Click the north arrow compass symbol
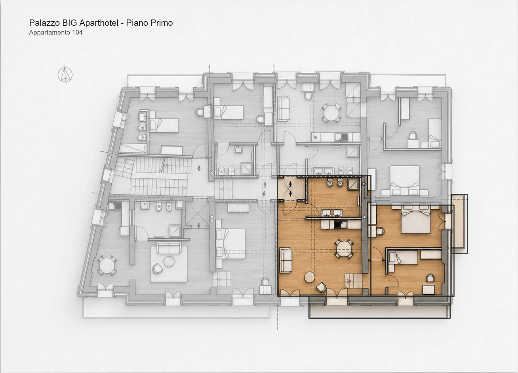(65, 75)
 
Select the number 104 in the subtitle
(77, 32)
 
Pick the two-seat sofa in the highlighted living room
(286, 260)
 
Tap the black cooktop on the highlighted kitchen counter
(340, 224)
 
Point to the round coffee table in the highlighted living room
(310, 278)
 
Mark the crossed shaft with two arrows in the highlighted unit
(291, 189)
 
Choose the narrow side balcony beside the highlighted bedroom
(459, 224)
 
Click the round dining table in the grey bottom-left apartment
(107, 265)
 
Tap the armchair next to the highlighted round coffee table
(321, 287)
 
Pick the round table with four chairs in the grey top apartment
(331, 113)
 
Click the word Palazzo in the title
(45, 23)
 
